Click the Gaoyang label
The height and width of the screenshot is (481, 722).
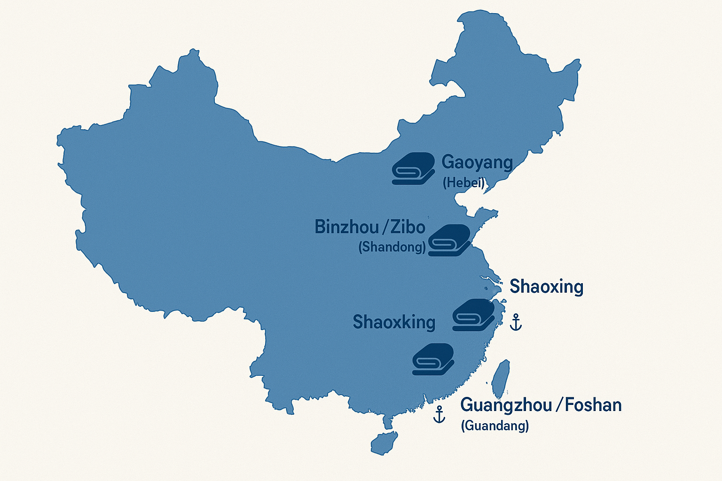pos(477,163)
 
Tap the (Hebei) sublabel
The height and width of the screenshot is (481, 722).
pos(463,182)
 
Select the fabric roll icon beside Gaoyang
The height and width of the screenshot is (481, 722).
pos(413,168)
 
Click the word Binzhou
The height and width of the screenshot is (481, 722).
pos(347,227)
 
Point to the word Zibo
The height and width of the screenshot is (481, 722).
pos(408,227)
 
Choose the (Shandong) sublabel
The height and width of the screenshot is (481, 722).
pos(392,247)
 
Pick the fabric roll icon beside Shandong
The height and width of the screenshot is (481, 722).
pos(449,240)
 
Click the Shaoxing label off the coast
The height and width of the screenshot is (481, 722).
pos(546,286)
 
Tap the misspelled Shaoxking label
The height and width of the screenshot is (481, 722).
pos(394,322)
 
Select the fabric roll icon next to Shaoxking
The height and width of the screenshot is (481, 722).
pos(473,315)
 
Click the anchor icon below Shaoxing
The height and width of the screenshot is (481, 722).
pos(516,322)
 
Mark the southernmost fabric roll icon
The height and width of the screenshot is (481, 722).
pos(433,359)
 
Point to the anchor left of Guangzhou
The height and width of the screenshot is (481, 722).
pos(439,414)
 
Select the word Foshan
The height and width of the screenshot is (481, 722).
pos(593,404)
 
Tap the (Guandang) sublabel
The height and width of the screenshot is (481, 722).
pos(494,426)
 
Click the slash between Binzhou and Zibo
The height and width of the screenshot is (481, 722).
pos(385,227)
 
